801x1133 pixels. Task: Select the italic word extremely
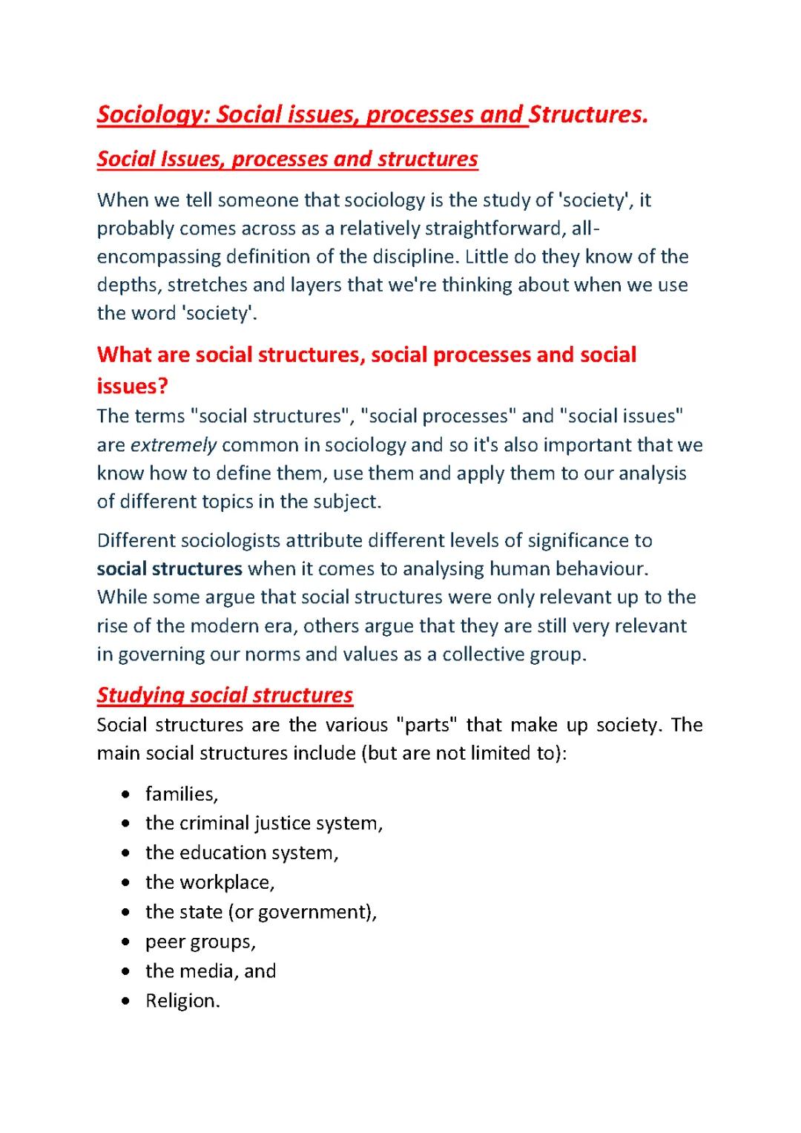tap(174, 445)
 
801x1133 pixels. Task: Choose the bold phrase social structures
tap(170, 569)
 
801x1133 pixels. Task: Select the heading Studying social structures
tap(225, 695)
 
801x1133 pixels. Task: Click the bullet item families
tap(182, 795)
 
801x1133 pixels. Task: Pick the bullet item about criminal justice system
tap(264, 824)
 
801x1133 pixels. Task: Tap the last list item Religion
tap(182, 1001)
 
